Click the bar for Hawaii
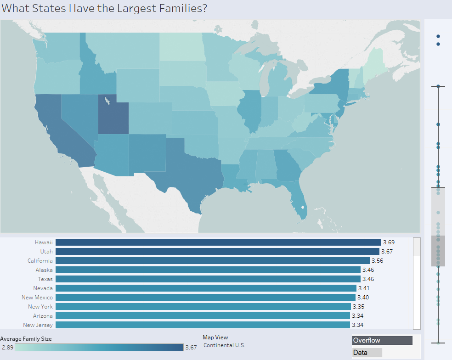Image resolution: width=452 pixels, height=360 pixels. point(218,242)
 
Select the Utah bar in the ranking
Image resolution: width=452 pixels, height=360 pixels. point(217,251)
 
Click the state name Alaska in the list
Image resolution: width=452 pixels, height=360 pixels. point(44,270)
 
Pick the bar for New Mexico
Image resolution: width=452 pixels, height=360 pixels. point(205,297)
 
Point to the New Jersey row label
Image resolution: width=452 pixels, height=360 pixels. point(38,325)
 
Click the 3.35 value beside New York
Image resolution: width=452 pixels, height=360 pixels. point(358,306)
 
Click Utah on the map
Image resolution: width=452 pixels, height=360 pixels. point(113,115)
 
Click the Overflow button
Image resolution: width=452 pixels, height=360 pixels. point(382,340)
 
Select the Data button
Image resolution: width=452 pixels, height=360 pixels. point(367,353)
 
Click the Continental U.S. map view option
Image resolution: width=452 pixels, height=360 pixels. point(224,345)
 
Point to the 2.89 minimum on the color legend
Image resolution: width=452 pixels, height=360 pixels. point(7,347)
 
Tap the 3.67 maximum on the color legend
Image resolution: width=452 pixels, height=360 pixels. point(191,347)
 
